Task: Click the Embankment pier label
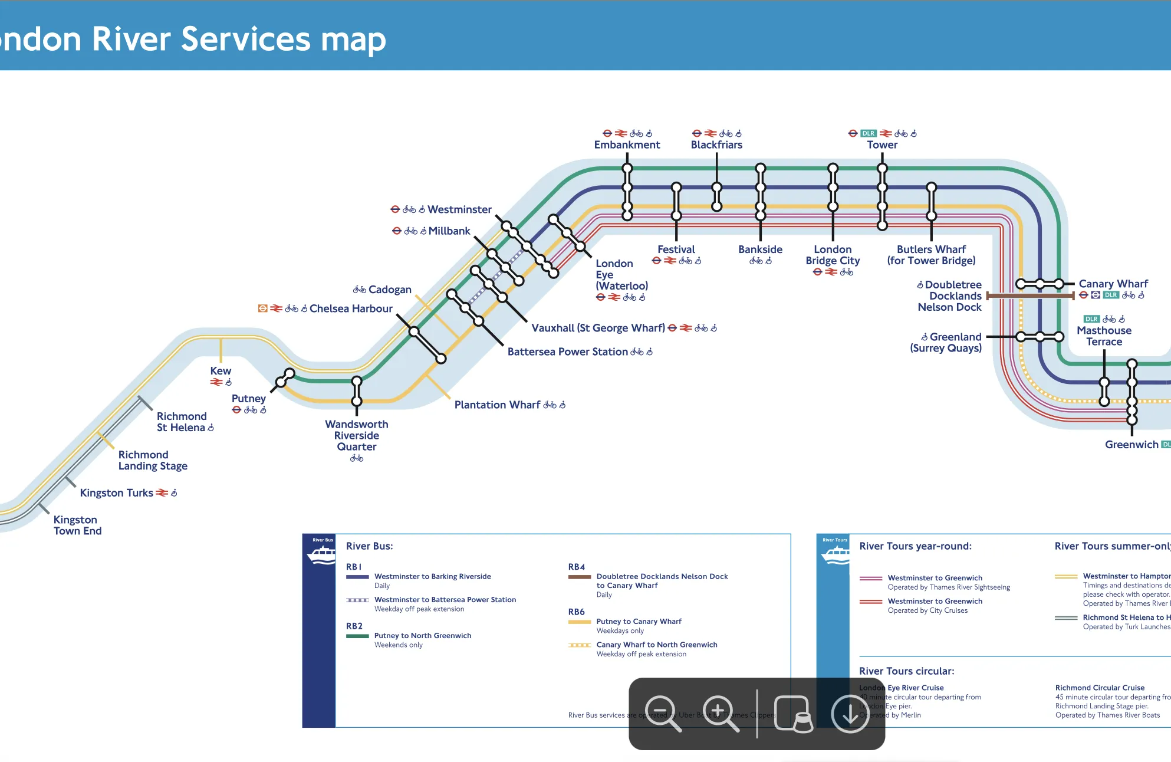tap(627, 145)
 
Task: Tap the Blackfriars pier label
tap(716, 145)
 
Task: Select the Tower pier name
tap(882, 145)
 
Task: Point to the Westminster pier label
tap(459, 209)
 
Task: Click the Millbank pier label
tap(449, 231)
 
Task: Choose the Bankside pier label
tap(760, 249)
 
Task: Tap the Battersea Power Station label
tap(567, 352)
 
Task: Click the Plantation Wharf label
tap(497, 405)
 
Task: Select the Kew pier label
tap(221, 371)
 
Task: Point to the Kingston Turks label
tap(116, 493)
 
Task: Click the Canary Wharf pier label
tap(1113, 284)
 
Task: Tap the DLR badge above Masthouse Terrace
tap(1091, 319)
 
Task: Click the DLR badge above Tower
tap(868, 133)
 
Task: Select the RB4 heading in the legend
tap(576, 567)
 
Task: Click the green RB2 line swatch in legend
tap(357, 636)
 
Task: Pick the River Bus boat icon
tap(321, 554)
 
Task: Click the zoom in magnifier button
tap(720, 714)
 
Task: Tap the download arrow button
tap(850, 714)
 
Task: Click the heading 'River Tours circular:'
tap(906, 671)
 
